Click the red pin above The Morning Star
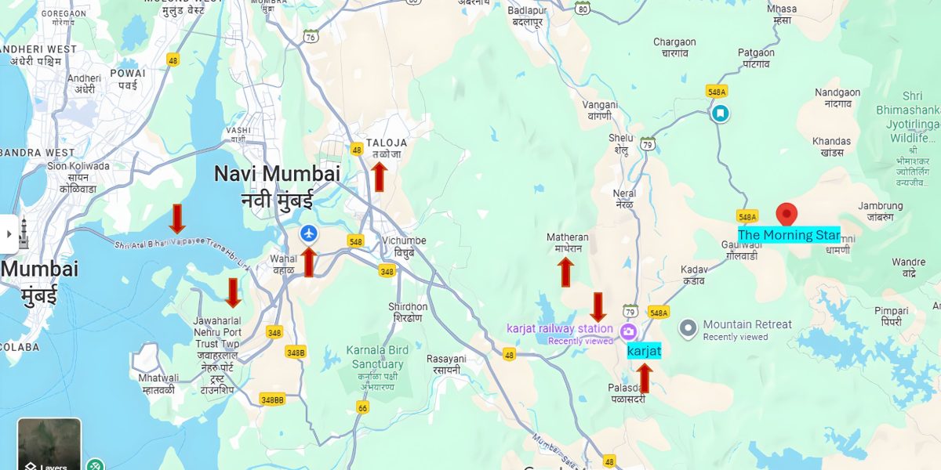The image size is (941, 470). (x=787, y=214)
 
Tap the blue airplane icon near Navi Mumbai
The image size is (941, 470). (x=309, y=233)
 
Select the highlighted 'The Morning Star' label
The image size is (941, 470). (x=789, y=235)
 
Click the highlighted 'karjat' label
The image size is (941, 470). (x=644, y=352)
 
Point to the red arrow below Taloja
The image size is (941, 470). (x=379, y=176)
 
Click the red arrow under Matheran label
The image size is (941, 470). (x=565, y=272)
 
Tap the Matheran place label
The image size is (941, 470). (x=567, y=242)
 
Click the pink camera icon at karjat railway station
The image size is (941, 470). (x=627, y=331)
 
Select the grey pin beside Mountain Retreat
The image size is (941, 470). (x=688, y=328)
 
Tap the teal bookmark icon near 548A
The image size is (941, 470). (x=719, y=114)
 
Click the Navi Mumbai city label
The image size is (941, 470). (x=277, y=186)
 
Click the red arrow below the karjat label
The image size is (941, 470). (x=644, y=378)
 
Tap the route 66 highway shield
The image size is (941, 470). (x=362, y=407)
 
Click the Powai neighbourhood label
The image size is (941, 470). (x=128, y=78)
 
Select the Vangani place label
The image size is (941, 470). (x=600, y=110)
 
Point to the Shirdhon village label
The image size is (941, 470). (x=408, y=312)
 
